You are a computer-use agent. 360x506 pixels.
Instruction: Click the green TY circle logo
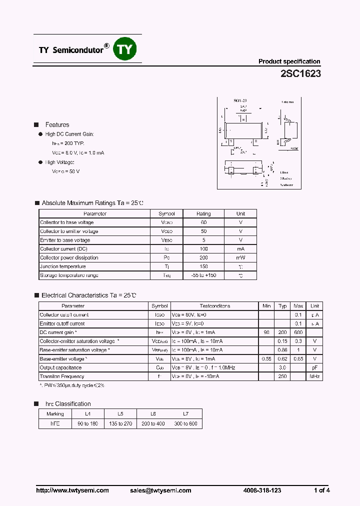125,49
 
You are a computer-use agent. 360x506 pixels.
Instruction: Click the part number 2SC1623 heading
300,73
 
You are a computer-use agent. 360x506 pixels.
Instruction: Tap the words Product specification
289,61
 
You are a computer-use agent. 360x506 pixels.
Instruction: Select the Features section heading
57,125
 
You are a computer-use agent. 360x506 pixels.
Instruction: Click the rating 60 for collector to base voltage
203,222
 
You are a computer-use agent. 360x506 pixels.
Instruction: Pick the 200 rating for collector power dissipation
203,258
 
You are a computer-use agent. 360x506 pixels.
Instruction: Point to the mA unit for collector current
240,249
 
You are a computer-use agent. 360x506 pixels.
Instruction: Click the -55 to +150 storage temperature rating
203,275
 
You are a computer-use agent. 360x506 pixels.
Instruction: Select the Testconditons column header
215,306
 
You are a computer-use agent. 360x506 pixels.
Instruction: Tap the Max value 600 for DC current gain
298,332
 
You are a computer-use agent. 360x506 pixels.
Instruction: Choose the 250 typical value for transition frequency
282,376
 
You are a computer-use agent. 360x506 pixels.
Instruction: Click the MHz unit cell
314,376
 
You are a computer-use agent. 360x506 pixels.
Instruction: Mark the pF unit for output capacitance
314,367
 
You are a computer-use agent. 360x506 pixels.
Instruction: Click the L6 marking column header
153,414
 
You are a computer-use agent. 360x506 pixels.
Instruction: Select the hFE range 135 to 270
120,423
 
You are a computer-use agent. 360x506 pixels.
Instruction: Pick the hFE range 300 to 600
185,423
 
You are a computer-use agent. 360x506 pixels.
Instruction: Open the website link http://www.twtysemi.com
72,490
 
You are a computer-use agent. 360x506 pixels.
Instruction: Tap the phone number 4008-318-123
261,490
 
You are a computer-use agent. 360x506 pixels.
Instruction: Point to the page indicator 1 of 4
321,490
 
